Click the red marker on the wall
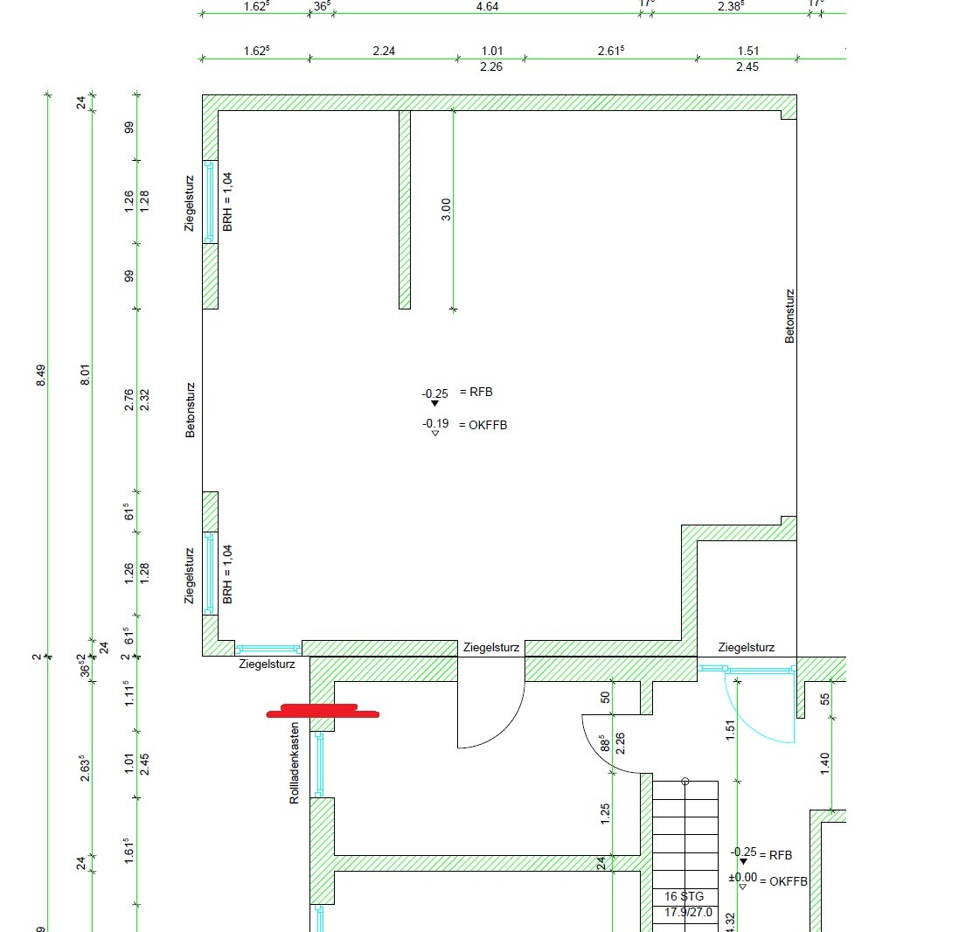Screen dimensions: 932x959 (323, 711)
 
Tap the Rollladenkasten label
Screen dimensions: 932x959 (295, 762)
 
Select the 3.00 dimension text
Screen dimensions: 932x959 (446, 210)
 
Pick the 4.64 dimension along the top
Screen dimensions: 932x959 (487, 7)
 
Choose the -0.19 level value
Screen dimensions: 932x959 (435, 424)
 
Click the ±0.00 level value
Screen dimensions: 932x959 (742, 877)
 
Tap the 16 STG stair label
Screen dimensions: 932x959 (684, 897)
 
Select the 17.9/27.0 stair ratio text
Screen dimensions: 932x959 (687, 913)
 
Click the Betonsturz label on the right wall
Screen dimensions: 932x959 (789, 316)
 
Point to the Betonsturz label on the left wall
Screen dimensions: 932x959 (190, 409)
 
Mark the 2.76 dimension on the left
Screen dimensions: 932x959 (129, 400)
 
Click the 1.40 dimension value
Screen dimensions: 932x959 (824, 763)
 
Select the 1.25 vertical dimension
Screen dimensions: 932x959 (604, 814)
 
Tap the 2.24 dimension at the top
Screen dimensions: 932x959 (384, 51)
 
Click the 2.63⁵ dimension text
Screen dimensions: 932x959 (86, 770)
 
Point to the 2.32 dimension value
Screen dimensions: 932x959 (144, 400)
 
